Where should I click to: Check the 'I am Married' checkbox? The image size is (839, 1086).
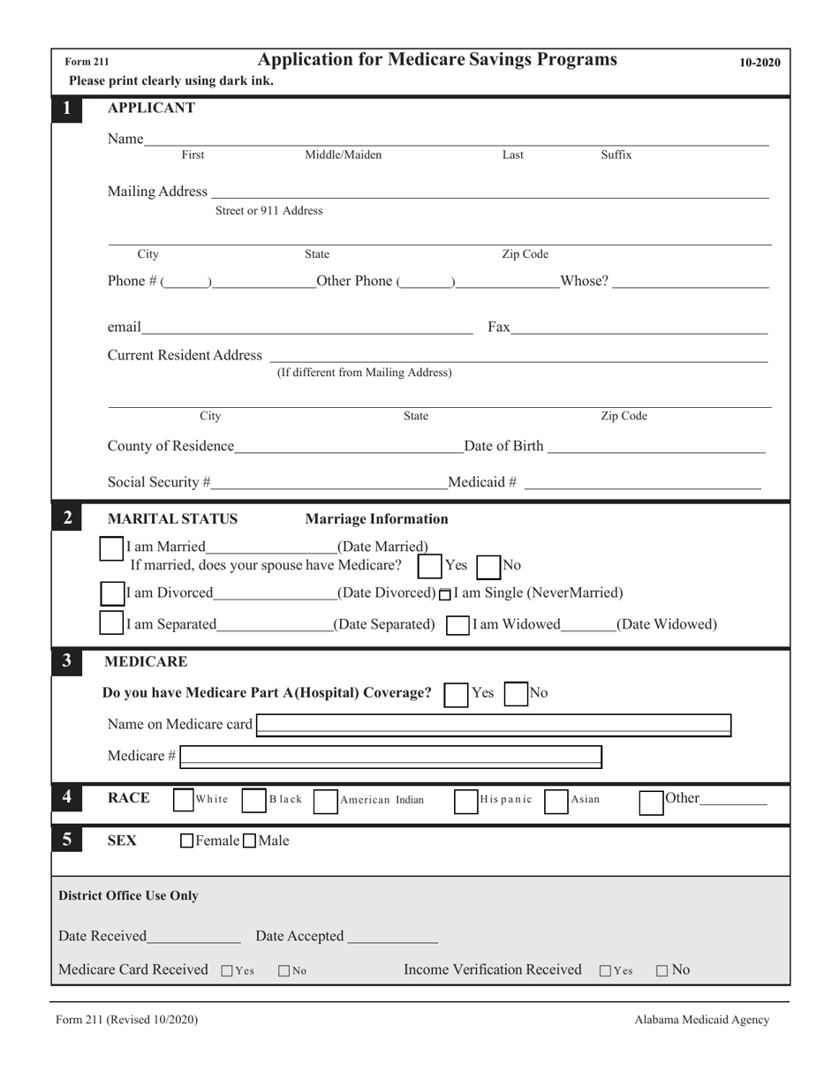coord(111,548)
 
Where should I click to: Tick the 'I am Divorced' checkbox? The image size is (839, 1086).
coord(111,592)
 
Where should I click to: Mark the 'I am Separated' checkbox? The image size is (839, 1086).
coord(111,622)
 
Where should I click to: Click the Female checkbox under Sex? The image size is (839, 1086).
coord(186,841)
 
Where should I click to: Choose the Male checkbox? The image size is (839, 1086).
coord(249,841)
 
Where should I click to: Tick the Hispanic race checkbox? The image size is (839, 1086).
coord(465,800)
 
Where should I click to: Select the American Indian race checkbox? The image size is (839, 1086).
coord(325,800)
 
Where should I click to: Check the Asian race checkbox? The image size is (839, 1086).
coord(556,800)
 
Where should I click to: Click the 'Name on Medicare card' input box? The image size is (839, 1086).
coord(493,726)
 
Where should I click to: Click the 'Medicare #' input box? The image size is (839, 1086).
coord(391,756)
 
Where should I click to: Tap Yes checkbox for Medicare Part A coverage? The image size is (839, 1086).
coord(456,694)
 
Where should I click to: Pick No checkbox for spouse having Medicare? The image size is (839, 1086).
coord(488,565)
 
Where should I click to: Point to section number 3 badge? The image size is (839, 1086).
coord(67,661)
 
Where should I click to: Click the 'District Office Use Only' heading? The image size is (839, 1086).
coord(128,895)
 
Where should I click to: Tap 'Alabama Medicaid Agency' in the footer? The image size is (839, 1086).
coord(701,1020)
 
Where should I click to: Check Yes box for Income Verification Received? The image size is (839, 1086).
coord(605,970)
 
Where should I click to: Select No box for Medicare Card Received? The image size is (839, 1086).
coord(284,970)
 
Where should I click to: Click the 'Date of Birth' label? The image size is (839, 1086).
coord(503,446)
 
